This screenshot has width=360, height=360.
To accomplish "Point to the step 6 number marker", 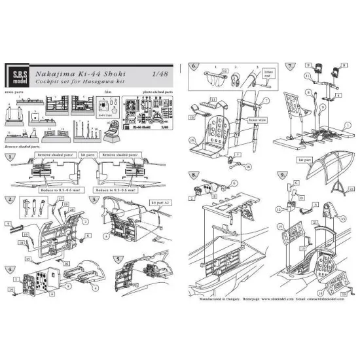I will tap(193, 67).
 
